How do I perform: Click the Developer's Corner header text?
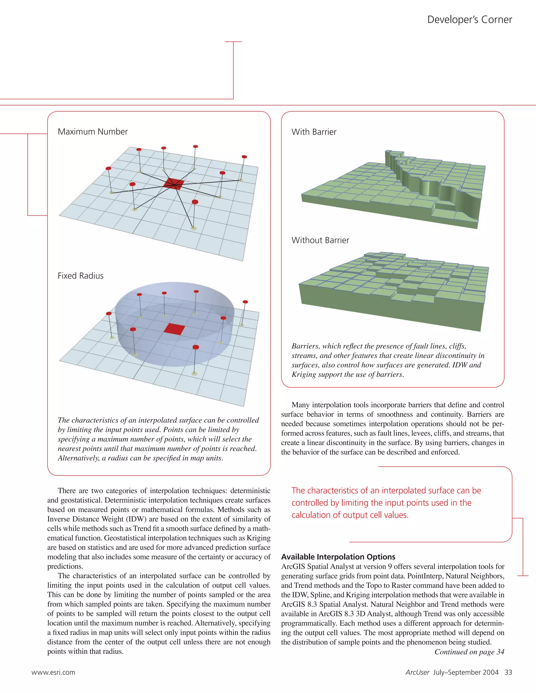(469, 20)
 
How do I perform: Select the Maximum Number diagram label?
(93, 132)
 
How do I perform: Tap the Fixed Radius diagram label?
(81, 276)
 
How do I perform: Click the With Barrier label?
(314, 132)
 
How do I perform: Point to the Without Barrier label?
(320, 240)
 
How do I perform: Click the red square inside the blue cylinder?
(174, 329)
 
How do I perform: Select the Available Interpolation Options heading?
(338, 557)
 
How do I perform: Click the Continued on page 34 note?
(469, 652)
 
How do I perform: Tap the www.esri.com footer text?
(53, 672)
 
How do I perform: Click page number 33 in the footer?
(508, 672)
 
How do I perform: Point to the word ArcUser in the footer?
(417, 672)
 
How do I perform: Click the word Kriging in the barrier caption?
(303, 374)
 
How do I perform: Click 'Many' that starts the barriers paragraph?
(300, 405)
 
